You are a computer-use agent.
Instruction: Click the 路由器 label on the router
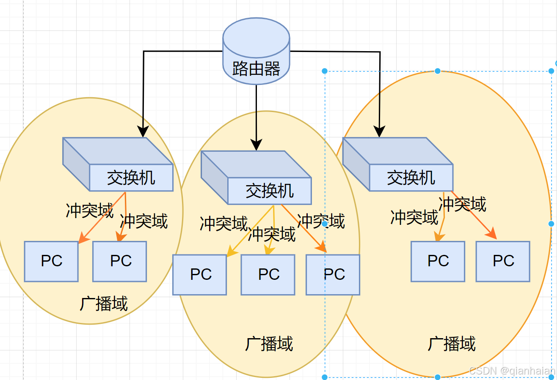(x=256, y=68)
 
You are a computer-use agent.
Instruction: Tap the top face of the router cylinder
(x=256, y=37)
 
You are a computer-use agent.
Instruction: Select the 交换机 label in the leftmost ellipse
(x=131, y=178)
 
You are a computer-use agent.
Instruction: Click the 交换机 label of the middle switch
(x=270, y=191)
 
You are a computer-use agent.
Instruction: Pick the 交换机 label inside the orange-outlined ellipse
(x=411, y=178)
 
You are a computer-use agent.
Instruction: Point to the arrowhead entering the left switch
(x=143, y=131)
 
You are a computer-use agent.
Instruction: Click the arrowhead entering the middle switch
(x=256, y=145)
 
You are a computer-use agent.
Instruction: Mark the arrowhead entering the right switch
(x=379, y=131)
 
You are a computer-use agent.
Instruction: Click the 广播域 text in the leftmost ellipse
(x=104, y=303)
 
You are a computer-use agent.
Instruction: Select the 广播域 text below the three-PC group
(x=269, y=344)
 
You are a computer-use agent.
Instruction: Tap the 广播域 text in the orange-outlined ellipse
(x=452, y=344)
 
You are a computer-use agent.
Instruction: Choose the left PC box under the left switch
(x=51, y=261)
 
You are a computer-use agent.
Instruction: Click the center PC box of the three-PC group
(x=268, y=275)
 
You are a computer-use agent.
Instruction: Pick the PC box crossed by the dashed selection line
(x=333, y=275)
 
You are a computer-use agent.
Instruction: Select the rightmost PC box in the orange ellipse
(x=503, y=261)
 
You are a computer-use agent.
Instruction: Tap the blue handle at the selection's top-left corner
(x=325, y=71)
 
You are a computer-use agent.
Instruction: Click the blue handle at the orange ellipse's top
(x=438, y=71)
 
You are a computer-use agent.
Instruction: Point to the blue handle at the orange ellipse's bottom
(x=438, y=377)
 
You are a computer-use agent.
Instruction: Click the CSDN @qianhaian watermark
(x=512, y=371)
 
